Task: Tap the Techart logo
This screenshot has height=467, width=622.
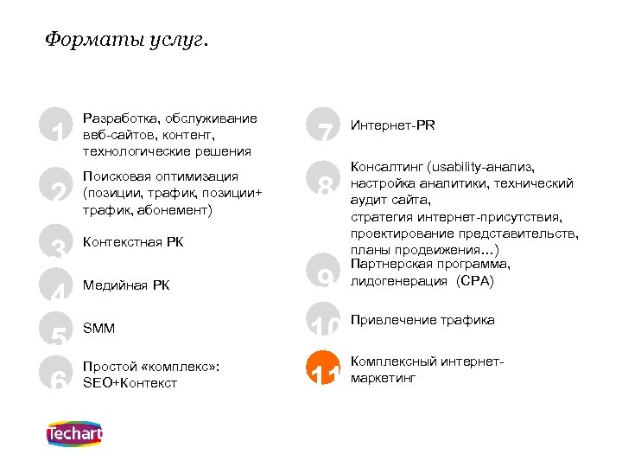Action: click(x=74, y=434)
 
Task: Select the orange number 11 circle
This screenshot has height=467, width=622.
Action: click(x=325, y=371)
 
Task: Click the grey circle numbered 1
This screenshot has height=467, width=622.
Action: click(x=58, y=128)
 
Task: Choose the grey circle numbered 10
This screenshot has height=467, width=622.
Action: click(x=325, y=321)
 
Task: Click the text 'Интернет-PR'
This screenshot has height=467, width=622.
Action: click(x=393, y=125)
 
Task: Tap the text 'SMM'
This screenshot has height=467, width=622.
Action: click(x=98, y=329)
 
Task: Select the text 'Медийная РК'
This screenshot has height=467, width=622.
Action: click(x=126, y=285)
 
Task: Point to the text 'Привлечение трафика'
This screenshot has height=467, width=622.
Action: click(x=422, y=320)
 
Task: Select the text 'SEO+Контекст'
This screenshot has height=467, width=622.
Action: click(x=130, y=382)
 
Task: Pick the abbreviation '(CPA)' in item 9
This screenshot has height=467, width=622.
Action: click(x=475, y=281)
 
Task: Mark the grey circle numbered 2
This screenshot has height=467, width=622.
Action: click(x=58, y=184)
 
